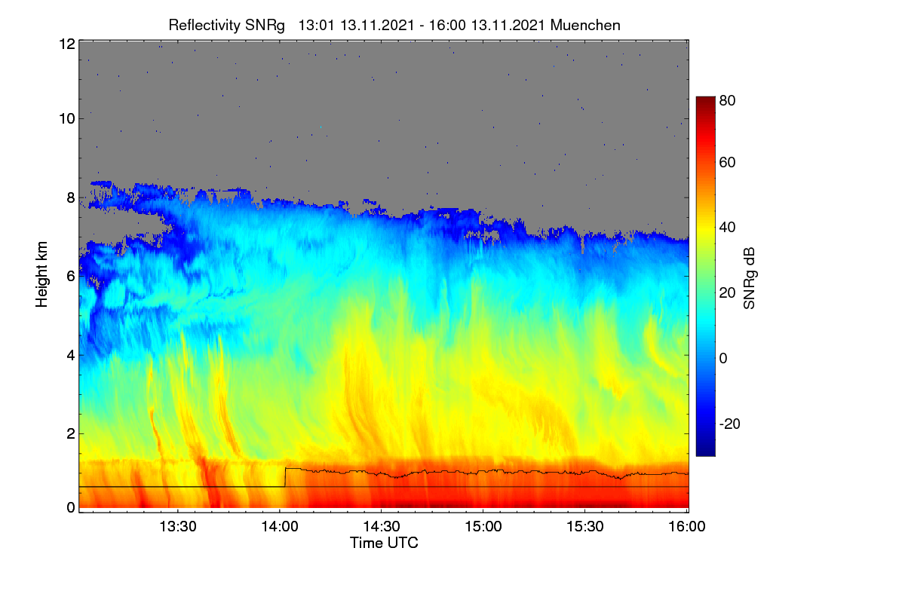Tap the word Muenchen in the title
[585, 25]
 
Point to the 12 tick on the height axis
[67, 44]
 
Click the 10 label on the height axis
[67, 119]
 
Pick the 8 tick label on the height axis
[71, 197]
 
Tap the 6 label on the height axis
[71, 277]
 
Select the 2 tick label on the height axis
[71, 433]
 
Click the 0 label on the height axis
[71, 507]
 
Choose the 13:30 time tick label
[178, 526]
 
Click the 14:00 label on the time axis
[280, 526]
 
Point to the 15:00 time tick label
[483, 526]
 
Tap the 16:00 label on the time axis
[687, 526]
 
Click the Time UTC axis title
[384, 543]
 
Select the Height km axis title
[41, 274]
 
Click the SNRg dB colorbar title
[749, 279]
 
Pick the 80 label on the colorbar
[727, 100]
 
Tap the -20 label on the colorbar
[730, 424]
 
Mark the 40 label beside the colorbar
[727, 228]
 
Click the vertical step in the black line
[285, 477]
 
